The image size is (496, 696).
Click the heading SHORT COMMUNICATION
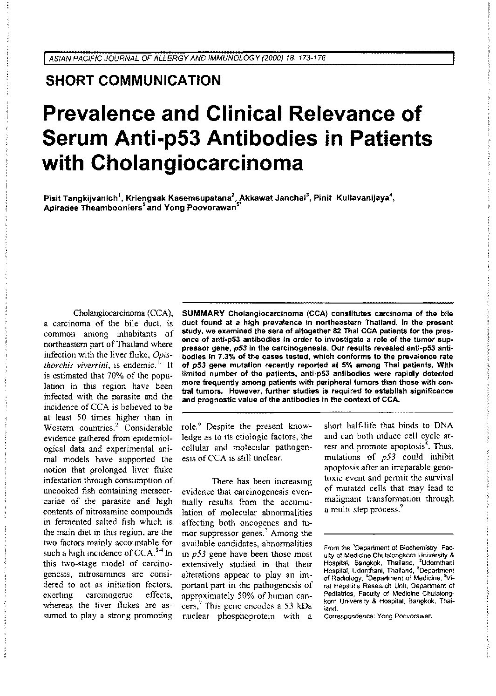(133, 81)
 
